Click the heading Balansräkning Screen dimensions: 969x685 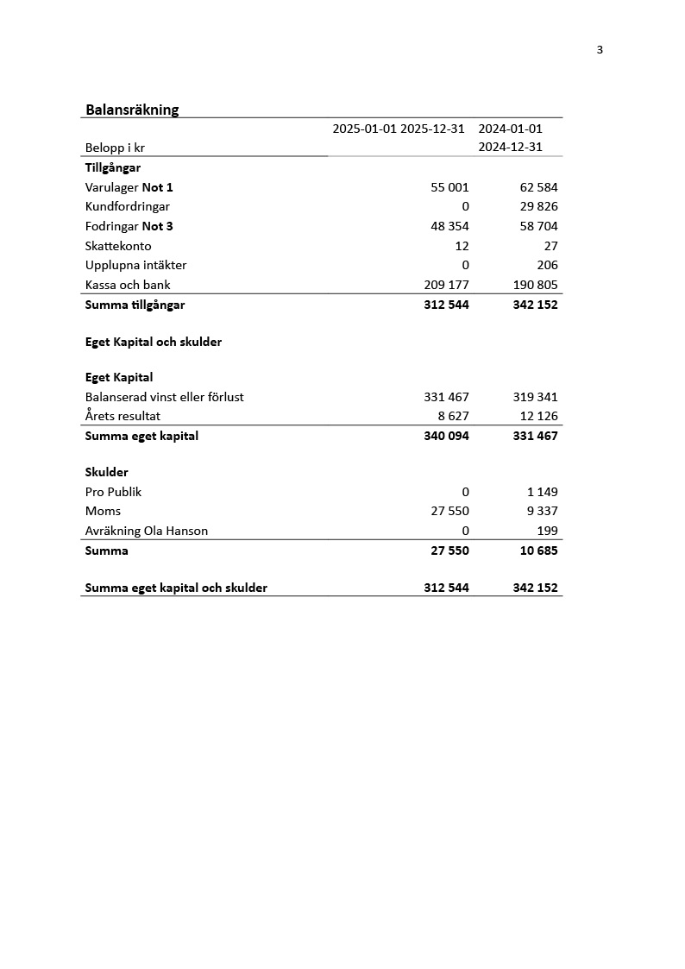point(132,110)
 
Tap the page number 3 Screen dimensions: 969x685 point(600,50)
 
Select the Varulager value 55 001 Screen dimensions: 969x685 point(449,187)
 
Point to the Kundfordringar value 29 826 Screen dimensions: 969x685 point(538,206)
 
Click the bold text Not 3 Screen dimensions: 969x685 point(157,226)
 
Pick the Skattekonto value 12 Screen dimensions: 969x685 point(462,246)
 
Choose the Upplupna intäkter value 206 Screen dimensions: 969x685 point(546,265)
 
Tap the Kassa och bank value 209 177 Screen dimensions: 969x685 point(446,285)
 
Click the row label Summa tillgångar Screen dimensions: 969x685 point(135,305)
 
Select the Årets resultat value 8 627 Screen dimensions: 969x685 point(453,416)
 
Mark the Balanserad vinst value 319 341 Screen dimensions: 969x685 point(535,397)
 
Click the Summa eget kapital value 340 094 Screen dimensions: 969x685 point(446,436)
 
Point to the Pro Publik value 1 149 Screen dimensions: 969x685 point(542,492)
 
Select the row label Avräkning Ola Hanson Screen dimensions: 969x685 point(147,531)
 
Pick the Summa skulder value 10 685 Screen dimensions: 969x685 point(538,551)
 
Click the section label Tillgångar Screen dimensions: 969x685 point(113,167)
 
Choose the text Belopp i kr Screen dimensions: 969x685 point(115,148)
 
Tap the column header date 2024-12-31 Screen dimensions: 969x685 point(510,147)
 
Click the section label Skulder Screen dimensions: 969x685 point(107,472)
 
